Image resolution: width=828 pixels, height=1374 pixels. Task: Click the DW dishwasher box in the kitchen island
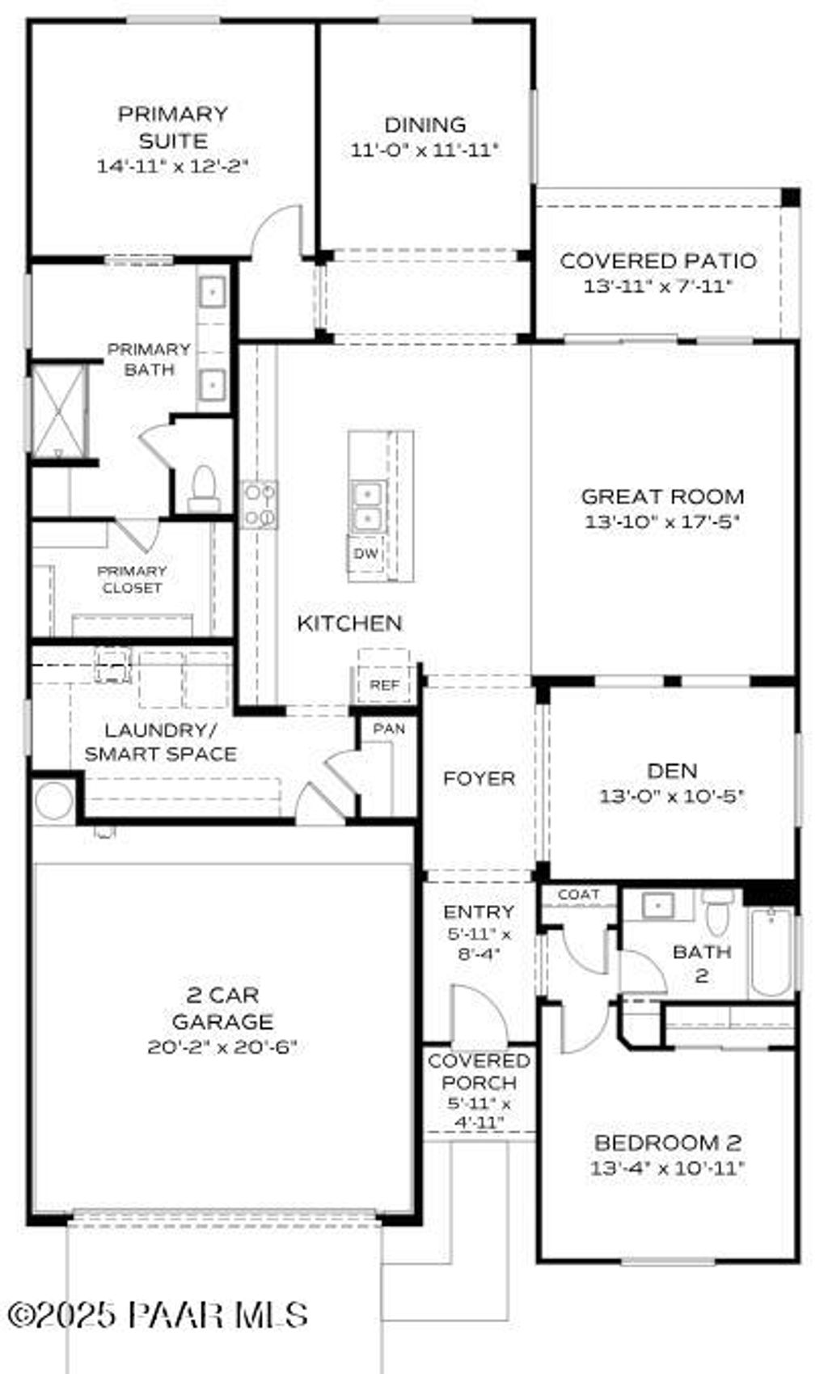(366, 554)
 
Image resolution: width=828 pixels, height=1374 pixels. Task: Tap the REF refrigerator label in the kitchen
(384, 685)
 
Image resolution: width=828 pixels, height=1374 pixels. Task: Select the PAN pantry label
(389, 729)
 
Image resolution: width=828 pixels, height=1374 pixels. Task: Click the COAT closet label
(579, 894)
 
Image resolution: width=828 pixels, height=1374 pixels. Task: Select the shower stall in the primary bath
(58, 412)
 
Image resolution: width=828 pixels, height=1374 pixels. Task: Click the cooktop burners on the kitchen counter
(260, 505)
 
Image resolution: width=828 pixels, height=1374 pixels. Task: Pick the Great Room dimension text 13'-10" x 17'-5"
(662, 522)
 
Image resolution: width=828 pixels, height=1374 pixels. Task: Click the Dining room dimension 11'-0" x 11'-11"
(425, 150)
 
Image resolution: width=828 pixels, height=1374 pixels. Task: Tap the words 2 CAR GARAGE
(222, 1008)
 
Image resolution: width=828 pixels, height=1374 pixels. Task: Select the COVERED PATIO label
(658, 261)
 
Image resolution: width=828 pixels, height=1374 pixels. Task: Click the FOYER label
(479, 779)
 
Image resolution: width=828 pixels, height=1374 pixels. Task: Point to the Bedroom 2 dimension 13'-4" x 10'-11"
(667, 1168)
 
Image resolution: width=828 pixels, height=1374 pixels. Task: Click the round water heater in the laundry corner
(54, 801)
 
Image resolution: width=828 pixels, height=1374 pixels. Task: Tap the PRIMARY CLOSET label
(132, 580)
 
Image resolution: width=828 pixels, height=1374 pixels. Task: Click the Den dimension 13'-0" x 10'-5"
(671, 797)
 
